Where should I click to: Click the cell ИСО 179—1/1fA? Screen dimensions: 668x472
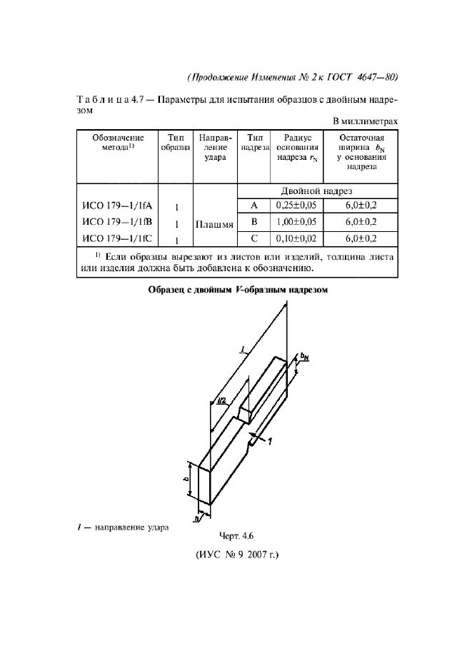pyautogui.click(x=118, y=207)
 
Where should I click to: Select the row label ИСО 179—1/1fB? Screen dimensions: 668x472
pyautogui.click(x=118, y=223)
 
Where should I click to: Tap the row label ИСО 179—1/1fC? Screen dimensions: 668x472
pyautogui.click(x=118, y=239)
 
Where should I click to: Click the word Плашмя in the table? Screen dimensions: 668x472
pyautogui.click(x=214, y=223)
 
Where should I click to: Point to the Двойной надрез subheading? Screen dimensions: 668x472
pyautogui.click(x=316, y=191)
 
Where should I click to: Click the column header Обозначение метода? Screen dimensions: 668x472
pyautogui.click(x=118, y=142)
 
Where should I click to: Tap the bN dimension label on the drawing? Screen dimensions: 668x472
pyautogui.click(x=304, y=356)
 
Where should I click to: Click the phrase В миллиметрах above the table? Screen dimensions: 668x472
pyautogui.click(x=364, y=121)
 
